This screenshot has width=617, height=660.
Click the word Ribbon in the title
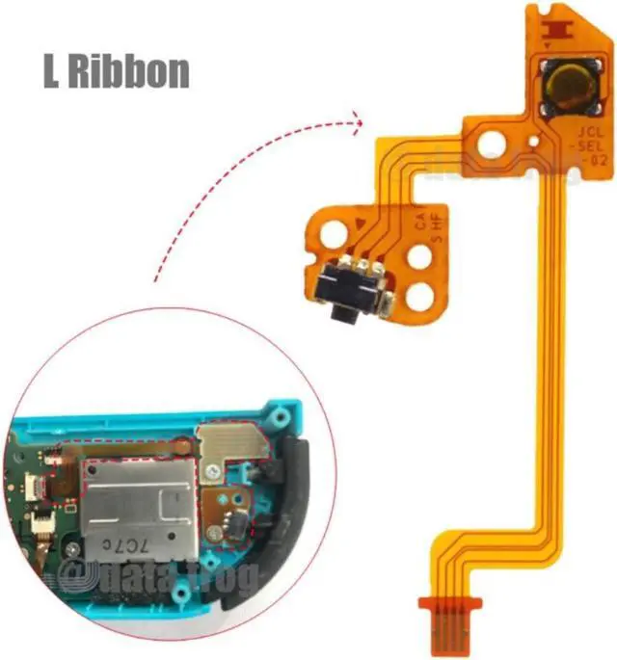point(130,72)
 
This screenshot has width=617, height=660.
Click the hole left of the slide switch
point(322,227)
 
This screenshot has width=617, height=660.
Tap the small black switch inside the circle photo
point(232,526)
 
